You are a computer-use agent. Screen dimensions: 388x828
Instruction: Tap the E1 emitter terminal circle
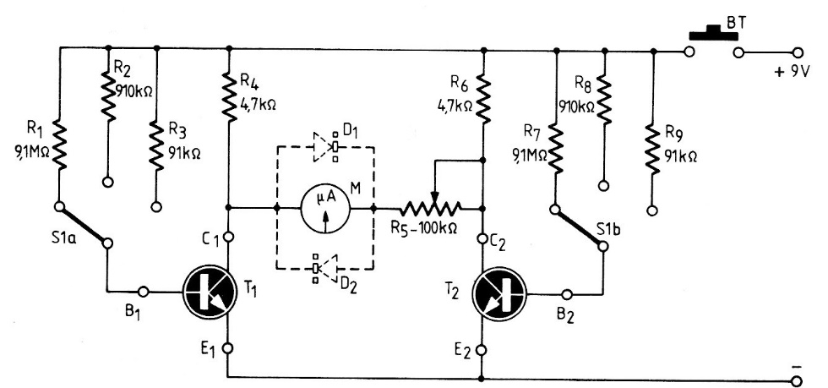[x=229, y=347]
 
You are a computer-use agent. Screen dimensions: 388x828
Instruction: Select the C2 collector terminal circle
[x=482, y=240]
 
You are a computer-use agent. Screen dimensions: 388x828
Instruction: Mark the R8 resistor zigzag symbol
[x=604, y=100]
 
